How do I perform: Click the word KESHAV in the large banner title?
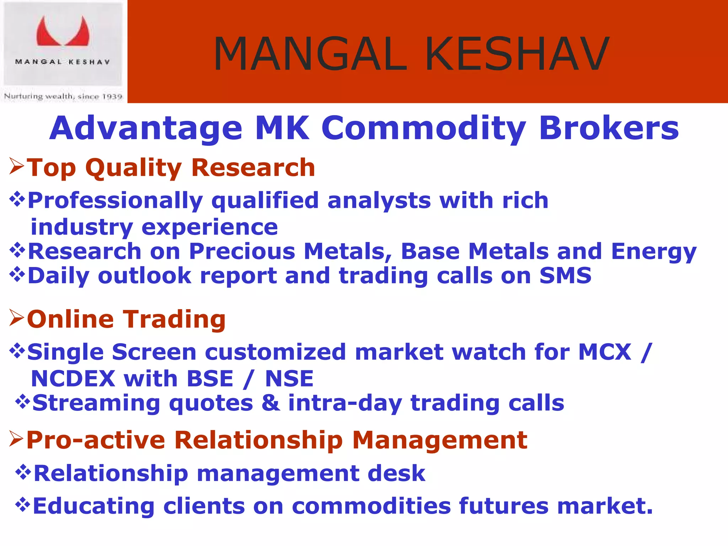[x=517, y=54]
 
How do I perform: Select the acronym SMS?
[x=565, y=275]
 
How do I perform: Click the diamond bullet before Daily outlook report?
[x=17, y=274]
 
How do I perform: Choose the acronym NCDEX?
[x=73, y=378]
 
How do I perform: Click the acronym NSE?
[x=289, y=378]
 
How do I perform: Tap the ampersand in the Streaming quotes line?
[x=271, y=403]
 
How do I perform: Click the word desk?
[x=396, y=473]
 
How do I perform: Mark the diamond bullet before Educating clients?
[x=22, y=504]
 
